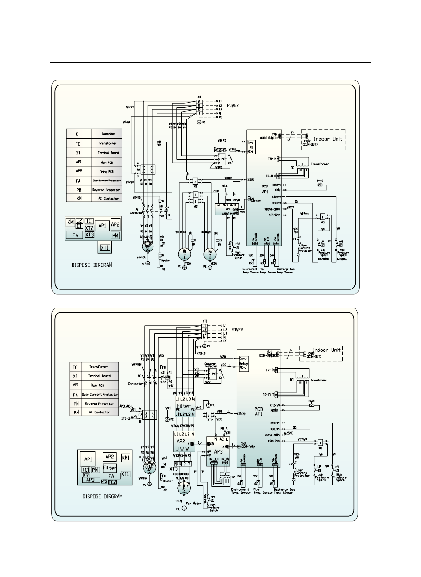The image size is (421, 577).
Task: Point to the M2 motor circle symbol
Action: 210,253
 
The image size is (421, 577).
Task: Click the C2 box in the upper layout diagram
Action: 79,220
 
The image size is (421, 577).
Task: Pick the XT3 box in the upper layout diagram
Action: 89,235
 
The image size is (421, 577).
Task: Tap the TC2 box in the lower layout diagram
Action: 113,482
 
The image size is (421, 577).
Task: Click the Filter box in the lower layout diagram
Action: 110,468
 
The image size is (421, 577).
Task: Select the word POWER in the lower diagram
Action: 240,330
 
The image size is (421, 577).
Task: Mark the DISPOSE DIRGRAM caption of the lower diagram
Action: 103,496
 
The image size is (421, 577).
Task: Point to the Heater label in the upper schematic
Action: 166,261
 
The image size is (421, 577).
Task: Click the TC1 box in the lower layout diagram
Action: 86,469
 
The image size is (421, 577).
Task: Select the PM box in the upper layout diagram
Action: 115,235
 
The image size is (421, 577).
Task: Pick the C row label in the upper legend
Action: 78,134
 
